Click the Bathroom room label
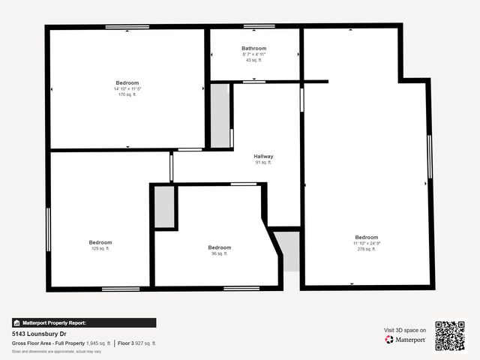[x=254, y=49]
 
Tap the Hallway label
[x=263, y=156]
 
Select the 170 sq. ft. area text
[x=127, y=94]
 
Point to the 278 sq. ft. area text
[x=367, y=249]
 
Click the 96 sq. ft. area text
[x=220, y=253]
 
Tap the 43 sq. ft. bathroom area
[x=254, y=60]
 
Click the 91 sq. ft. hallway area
[x=263, y=162]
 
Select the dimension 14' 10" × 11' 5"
[x=127, y=88]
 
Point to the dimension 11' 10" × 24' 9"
[x=367, y=243]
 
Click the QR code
[x=450, y=335]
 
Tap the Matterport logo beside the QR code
[x=406, y=340]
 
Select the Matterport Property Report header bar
[x=84, y=322]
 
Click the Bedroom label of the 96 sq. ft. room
[x=220, y=247]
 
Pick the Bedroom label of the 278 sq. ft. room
[x=367, y=237]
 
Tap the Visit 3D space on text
[x=405, y=330]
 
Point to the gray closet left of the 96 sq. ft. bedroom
[x=165, y=207]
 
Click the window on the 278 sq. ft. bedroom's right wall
[x=430, y=157]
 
